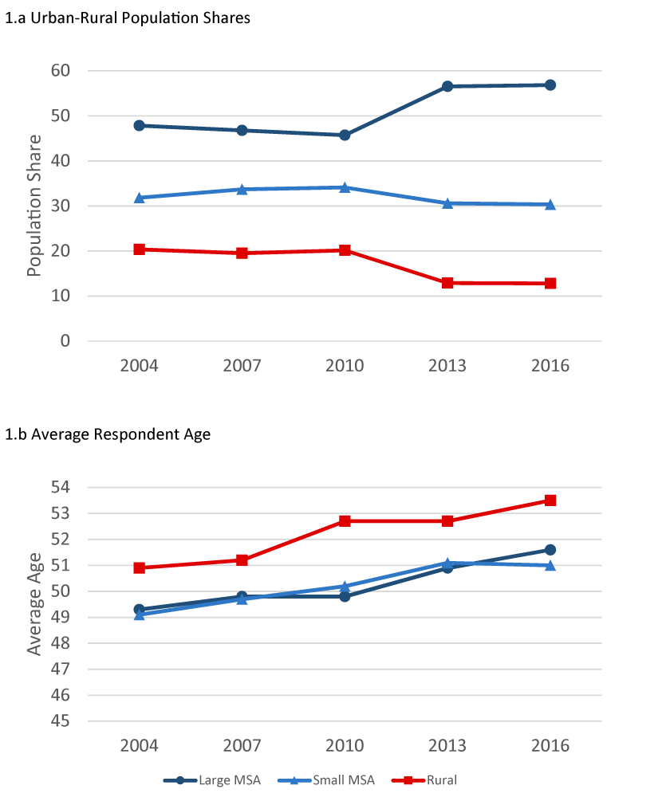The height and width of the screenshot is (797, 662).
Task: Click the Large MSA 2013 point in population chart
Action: (x=447, y=86)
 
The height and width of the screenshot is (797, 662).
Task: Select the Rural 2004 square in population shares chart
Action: (x=140, y=249)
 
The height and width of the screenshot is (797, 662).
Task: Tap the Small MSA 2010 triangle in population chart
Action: (x=345, y=187)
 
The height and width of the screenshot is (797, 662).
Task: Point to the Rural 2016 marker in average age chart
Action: (x=550, y=501)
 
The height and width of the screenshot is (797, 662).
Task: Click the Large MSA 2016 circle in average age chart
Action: (x=550, y=549)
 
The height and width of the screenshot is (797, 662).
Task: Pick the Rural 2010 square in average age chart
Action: (x=345, y=521)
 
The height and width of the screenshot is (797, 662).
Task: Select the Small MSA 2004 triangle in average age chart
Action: (x=140, y=614)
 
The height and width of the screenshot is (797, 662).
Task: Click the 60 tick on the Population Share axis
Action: (x=60, y=71)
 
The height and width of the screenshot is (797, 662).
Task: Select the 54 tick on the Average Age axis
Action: (x=60, y=488)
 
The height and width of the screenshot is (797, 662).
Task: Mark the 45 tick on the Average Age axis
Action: (x=60, y=721)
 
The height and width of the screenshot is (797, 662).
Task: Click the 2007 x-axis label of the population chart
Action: (x=242, y=366)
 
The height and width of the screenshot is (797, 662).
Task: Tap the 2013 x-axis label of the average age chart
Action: (x=447, y=746)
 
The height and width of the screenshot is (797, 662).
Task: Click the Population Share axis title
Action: (x=33, y=206)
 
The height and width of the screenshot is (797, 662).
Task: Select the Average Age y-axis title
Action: (x=33, y=603)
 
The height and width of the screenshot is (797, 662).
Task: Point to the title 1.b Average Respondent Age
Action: (x=108, y=434)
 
